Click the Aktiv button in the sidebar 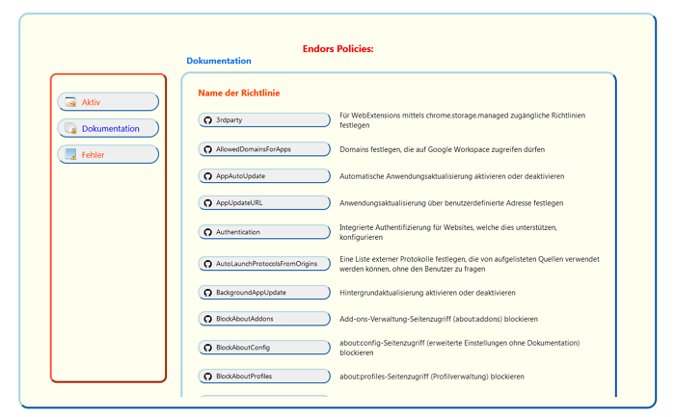click(107, 102)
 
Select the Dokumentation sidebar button click(107, 128)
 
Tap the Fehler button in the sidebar click(107, 154)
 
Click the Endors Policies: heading click(337, 48)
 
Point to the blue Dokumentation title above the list click(219, 61)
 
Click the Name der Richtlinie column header click(239, 93)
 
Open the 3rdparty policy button click(264, 120)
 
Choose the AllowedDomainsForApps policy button click(264, 149)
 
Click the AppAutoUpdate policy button click(264, 176)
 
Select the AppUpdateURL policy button click(264, 203)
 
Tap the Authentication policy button click(264, 232)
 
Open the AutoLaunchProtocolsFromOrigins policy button click(264, 264)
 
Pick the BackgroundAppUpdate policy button click(264, 292)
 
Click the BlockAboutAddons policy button click(264, 319)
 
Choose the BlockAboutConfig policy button click(264, 347)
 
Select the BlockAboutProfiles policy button click(264, 376)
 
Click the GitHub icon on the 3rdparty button click(207, 120)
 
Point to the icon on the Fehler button click(70, 154)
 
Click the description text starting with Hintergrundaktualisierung click(427, 292)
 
